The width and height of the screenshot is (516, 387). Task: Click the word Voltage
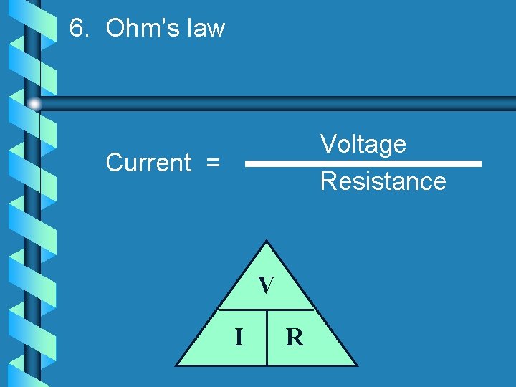pos(363,145)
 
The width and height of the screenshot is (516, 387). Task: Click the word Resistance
pos(383,181)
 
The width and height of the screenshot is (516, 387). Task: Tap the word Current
pos(148,163)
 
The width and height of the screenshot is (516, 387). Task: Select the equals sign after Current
pos(213,163)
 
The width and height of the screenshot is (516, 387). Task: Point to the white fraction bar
pos(363,163)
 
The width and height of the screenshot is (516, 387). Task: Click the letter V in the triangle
pos(266,286)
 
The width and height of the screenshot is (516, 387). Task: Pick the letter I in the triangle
pos(239,336)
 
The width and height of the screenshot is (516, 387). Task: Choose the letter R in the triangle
pos(295,337)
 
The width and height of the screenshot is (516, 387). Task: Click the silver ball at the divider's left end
pos(34,104)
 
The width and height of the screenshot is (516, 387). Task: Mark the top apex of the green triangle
pos(266,242)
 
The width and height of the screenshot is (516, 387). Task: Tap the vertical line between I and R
pos(267,338)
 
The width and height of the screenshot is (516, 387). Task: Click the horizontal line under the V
pos(266,310)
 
